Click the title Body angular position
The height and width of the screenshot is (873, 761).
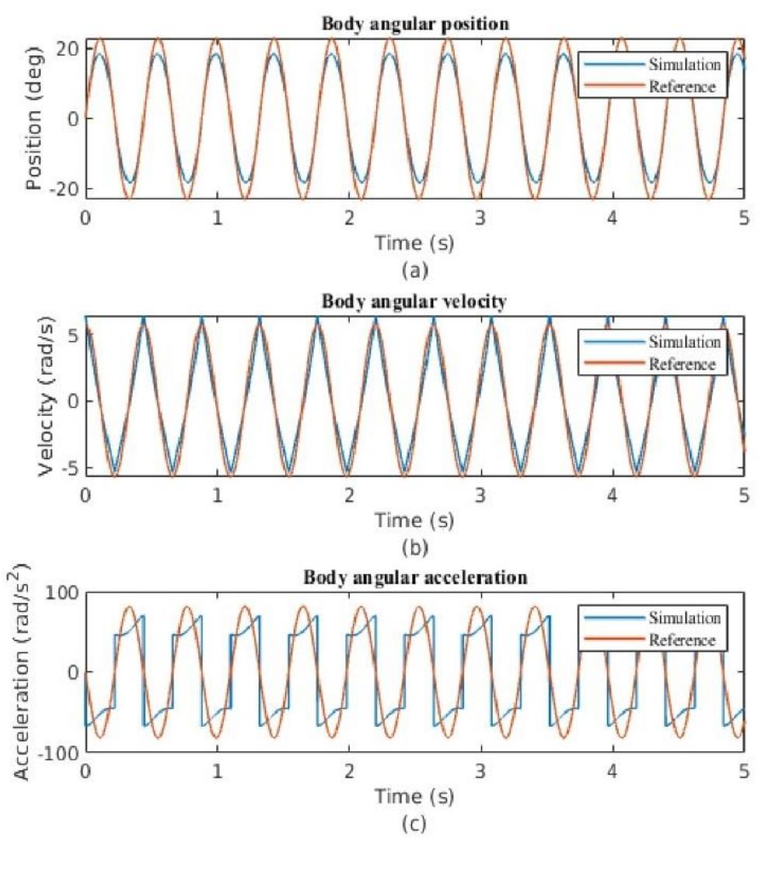pyautogui.click(x=416, y=24)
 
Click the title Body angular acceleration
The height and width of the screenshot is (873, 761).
pyautogui.click(x=416, y=578)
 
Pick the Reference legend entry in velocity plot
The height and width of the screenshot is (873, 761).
pyautogui.click(x=681, y=363)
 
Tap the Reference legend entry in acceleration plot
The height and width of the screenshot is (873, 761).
pyautogui.click(x=681, y=640)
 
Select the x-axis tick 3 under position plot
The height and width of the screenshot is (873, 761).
pyautogui.click(x=480, y=217)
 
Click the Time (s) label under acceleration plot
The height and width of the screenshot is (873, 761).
pyautogui.click(x=414, y=797)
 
